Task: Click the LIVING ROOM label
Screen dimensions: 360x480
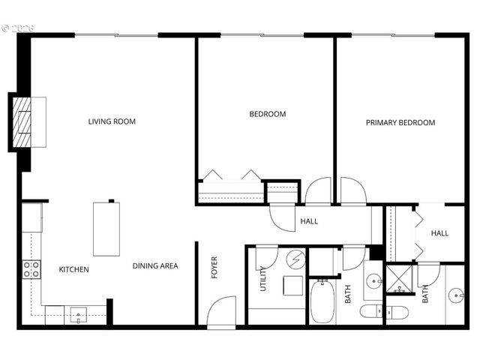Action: (x=112, y=121)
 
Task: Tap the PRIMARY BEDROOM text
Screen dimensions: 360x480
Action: (x=400, y=122)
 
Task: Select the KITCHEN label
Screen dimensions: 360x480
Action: (x=74, y=269)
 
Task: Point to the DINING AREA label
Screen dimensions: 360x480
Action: (x=155, y=265)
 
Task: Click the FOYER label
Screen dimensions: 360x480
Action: (x=214, y=268)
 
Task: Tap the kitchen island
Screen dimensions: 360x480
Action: (x=106, y=229)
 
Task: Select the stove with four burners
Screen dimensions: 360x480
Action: (x=31, y=269)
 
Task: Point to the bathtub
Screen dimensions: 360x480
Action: (x=322, y=300)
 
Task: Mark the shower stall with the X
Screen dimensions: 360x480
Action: (x=400, y=278)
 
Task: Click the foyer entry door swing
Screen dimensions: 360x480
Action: (x=222, y=311)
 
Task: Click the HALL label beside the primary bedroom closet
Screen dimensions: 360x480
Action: (x=439, y=233)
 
